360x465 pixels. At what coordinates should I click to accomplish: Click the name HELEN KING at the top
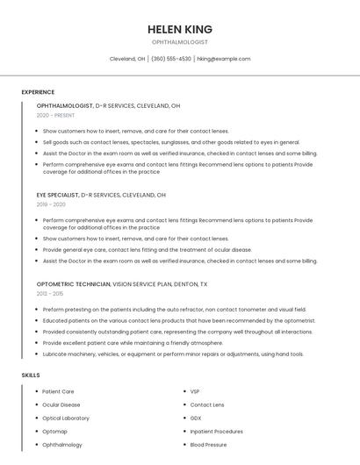coord(180,29)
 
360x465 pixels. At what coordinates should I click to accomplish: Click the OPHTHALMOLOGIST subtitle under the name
coord(180,42)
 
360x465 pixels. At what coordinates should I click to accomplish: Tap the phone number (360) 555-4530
coord(171,59)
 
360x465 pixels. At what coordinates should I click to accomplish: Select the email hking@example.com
coord(224,59)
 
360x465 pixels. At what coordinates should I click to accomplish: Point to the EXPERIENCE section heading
coord(38,91)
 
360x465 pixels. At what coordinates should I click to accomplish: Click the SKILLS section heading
coord(31,375)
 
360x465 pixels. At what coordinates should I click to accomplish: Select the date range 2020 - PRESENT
coord(55,115)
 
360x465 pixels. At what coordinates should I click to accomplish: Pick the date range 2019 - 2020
coord(52,204)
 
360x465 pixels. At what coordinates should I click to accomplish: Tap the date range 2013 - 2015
coord(50,294)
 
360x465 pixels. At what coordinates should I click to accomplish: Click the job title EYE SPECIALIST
coord(57,195)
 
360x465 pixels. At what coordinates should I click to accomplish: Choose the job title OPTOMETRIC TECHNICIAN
coord(74,284)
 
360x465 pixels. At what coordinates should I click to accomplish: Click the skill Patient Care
coord(58,391)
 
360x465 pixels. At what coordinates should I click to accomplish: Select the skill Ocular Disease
coord(61,404)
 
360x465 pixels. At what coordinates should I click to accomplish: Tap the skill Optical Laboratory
coord(66,418)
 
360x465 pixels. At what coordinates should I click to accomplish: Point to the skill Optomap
coord(54,431)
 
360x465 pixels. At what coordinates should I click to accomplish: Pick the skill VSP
coord(195,391)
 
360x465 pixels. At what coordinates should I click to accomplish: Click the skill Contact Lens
coord(207,404)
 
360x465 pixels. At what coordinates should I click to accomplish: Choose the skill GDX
coord(196,418)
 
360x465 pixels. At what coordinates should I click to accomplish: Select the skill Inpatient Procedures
coord(216,431)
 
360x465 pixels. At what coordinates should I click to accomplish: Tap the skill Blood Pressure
coord(209,445)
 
